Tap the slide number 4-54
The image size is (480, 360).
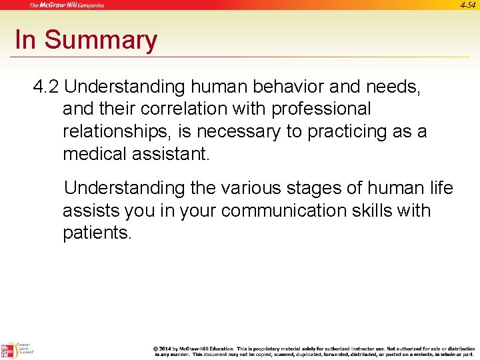(468, 5)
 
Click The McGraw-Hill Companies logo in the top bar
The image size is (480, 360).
(67, 5)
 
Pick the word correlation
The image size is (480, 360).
(195, 109)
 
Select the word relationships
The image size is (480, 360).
(117, 131)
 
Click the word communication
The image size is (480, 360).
(289, 211)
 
